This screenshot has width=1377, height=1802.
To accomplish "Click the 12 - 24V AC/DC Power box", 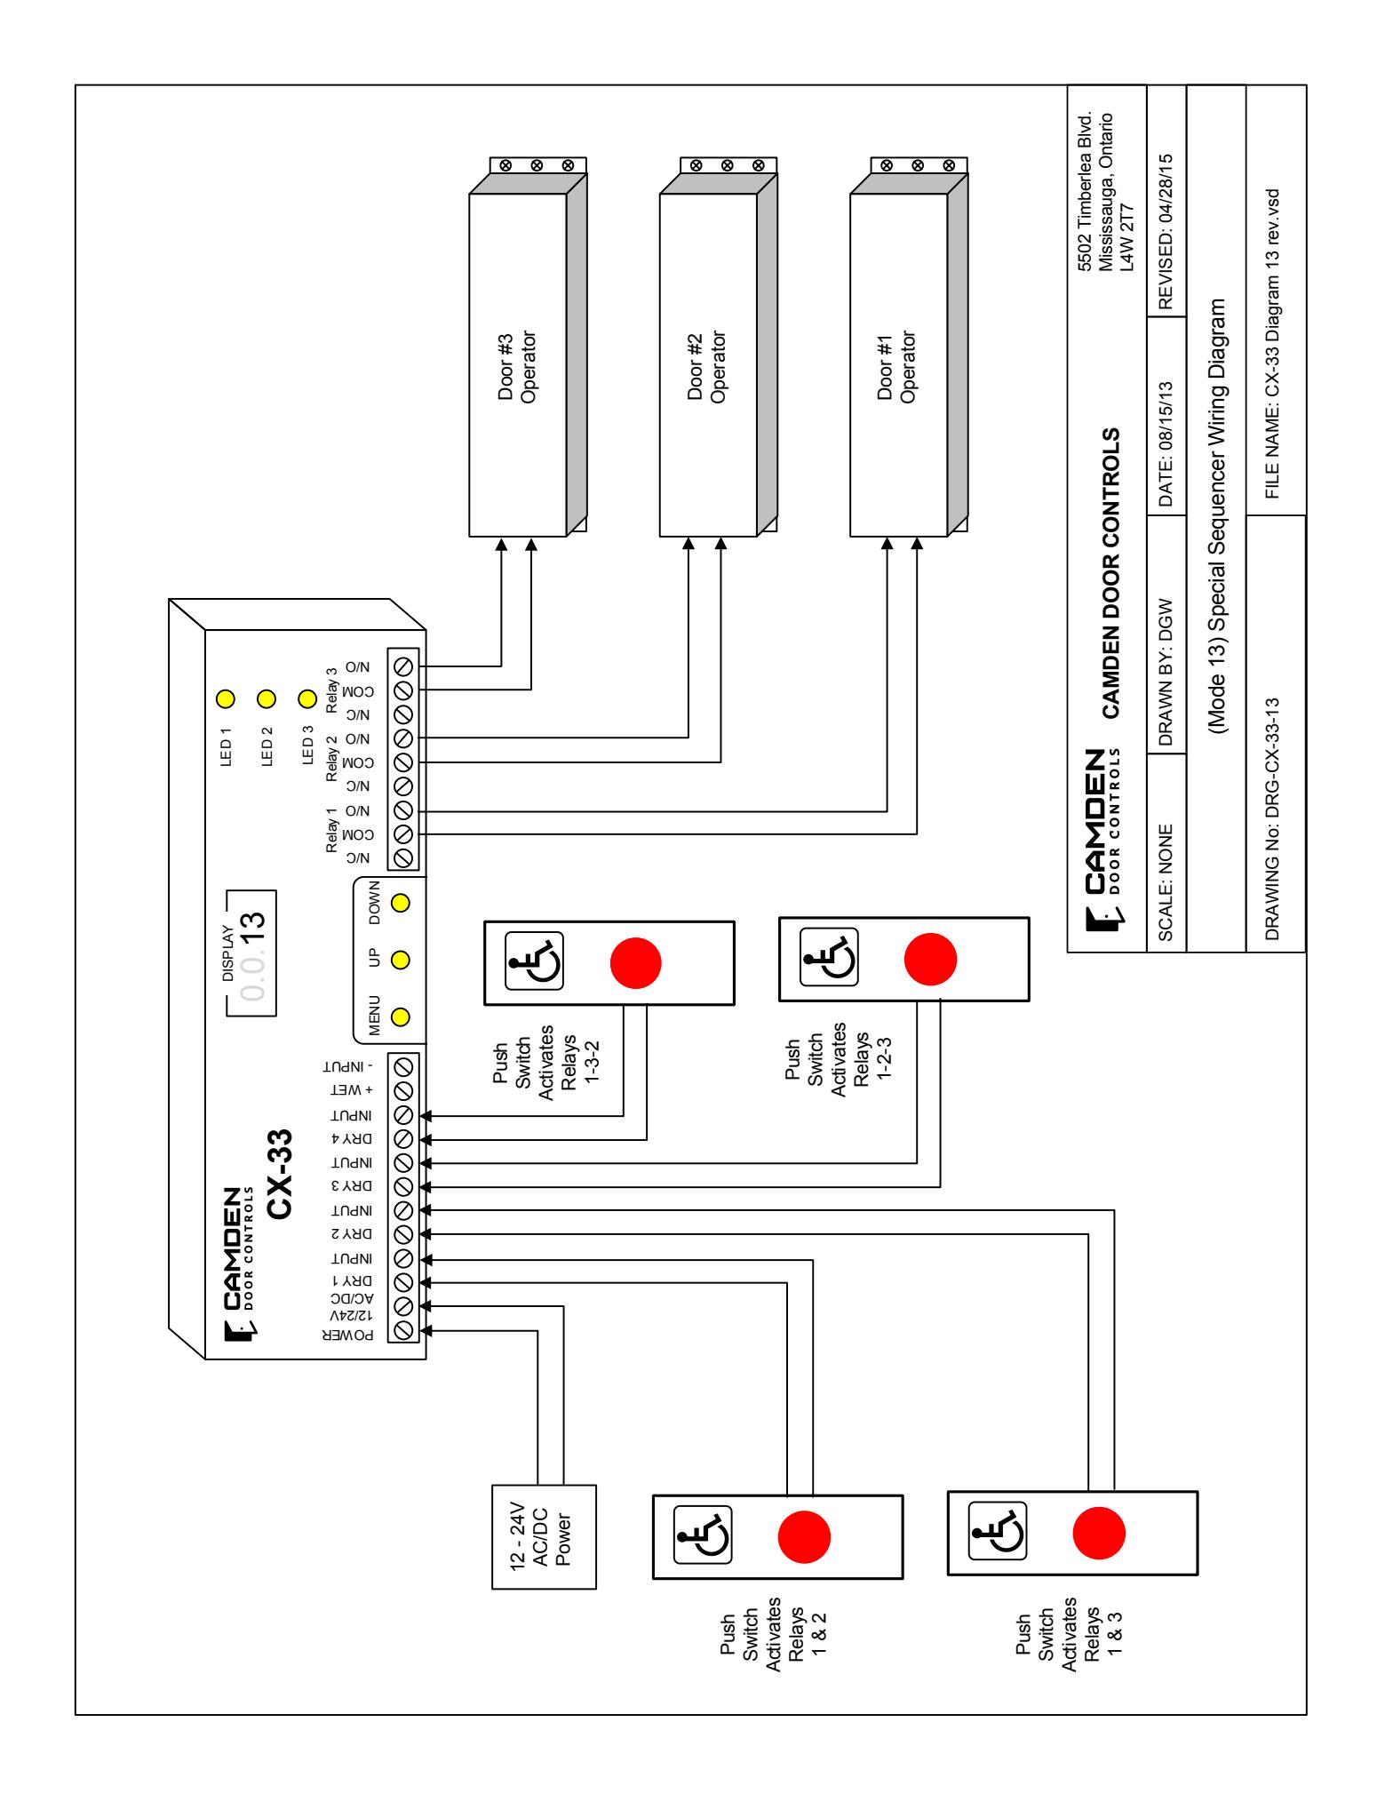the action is (544, 1536).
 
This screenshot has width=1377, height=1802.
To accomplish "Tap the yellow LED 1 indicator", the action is (226, 698).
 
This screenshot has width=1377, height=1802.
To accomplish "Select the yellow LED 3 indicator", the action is (307, 698).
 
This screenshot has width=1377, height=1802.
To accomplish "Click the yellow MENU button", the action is (400, 1016).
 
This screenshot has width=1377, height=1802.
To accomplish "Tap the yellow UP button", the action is (400, 960).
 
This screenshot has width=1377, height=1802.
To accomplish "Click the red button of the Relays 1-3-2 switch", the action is (635, 961).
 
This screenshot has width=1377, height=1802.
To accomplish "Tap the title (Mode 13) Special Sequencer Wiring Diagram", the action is (1216, 518).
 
